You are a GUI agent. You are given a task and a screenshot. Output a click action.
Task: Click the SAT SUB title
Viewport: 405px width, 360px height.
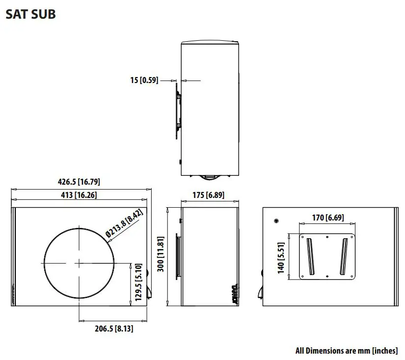click(30, 14)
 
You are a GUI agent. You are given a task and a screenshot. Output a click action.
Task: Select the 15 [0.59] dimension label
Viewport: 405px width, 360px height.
click(144, 80)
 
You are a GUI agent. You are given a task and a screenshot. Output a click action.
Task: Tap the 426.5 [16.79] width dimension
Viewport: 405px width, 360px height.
click(79, 182)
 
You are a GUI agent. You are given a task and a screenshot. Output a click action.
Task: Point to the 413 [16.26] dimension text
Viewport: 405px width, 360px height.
click(79, 195)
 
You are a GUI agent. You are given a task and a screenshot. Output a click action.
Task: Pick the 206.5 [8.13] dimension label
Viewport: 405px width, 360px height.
click(114, 329)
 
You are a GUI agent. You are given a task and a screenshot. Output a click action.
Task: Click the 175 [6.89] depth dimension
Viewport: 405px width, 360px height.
click(208, 195)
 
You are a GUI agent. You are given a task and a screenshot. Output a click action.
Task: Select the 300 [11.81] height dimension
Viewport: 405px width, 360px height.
click(161, 256)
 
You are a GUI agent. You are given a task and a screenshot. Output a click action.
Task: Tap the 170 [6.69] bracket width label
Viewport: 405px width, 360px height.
click(328, 218)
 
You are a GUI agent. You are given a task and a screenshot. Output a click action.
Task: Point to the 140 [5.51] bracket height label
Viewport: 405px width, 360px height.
click(281, 258)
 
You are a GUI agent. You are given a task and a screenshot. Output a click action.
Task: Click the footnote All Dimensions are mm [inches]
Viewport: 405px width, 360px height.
click(347, 351)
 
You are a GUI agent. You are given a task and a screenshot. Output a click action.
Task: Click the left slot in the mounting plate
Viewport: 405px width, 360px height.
click(310, 256)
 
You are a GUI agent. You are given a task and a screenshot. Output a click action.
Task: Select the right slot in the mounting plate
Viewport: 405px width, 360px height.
click(344, 256)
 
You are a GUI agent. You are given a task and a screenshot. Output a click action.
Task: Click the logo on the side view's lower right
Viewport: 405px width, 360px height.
click(234, 294)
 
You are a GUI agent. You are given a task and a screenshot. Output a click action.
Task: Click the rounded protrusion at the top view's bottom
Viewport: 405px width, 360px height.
click(210, 176)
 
